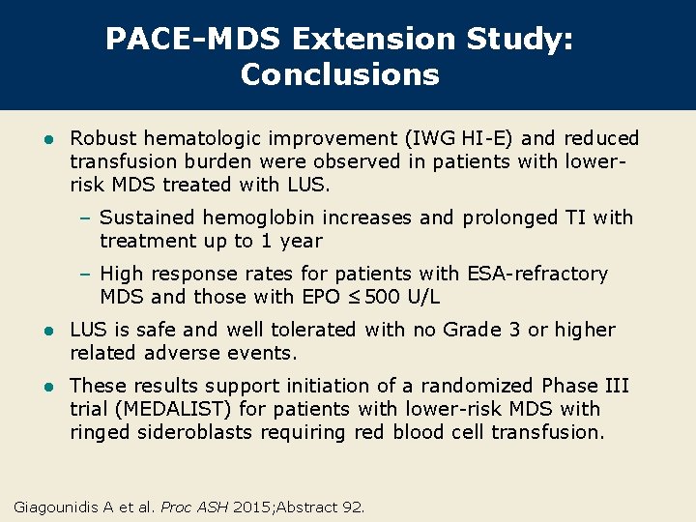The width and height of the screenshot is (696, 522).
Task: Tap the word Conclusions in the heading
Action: (x=340, y=74)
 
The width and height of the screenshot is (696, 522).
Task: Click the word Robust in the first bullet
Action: (x=104, y=138)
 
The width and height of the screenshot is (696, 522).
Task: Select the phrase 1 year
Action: (x=290, y=241)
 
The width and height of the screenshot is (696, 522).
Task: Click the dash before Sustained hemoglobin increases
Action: (x=85, y=217)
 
